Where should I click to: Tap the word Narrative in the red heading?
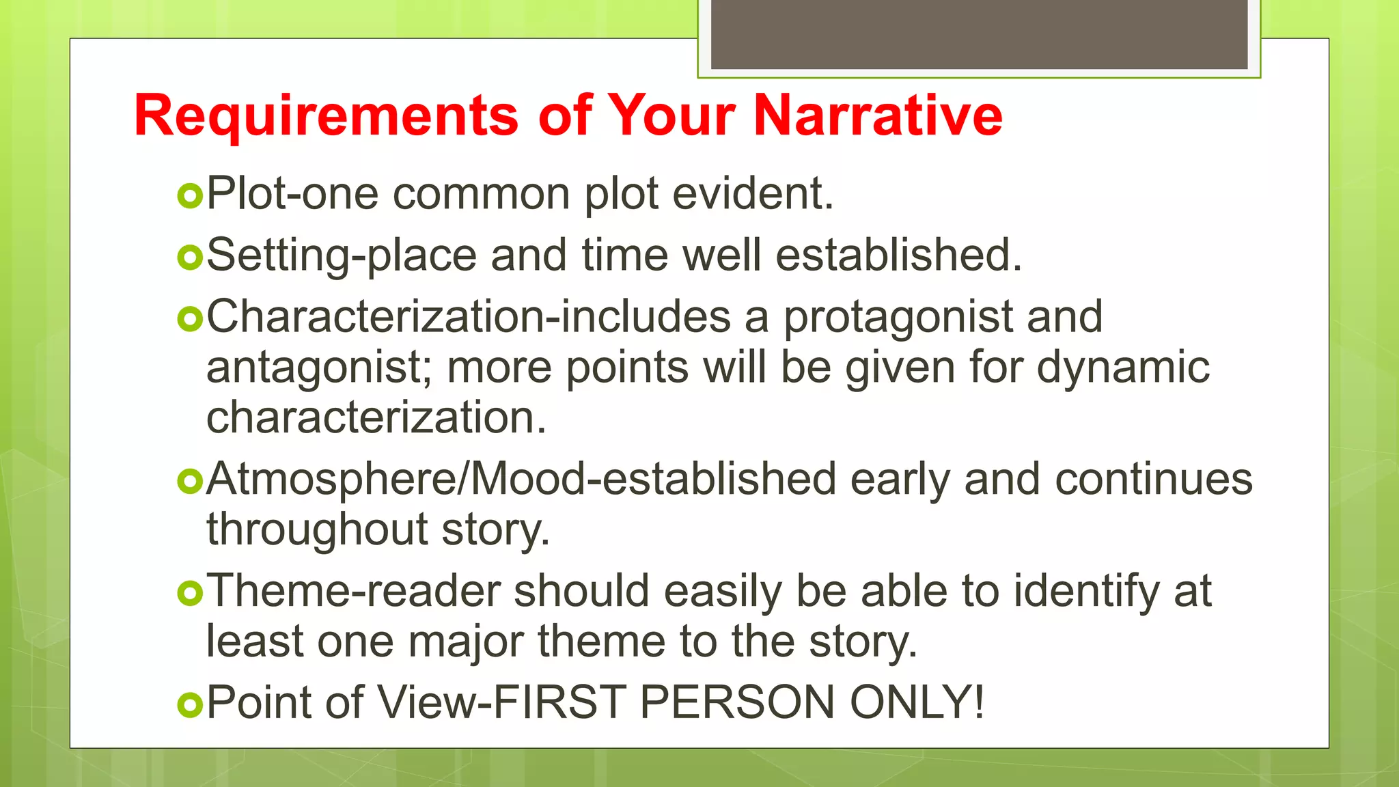[x=878, y=115]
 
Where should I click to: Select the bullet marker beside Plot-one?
[x=190, y=196]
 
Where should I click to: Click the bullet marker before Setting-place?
[x=190, y=258]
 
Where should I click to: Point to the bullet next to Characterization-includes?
[x=190, y=319]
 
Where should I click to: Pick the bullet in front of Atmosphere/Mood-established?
[x=190, y=482]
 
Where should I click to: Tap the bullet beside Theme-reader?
[x=190, y=593]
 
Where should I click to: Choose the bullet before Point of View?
[x=190, y=704]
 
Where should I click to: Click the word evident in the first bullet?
[x=753, y=193]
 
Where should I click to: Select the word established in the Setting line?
[x=898, y=255]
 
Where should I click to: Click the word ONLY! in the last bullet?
[x=917, y=702]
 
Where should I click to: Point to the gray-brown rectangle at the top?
[x=979, y=34]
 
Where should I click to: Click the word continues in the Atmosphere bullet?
[x=1154, y=480]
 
